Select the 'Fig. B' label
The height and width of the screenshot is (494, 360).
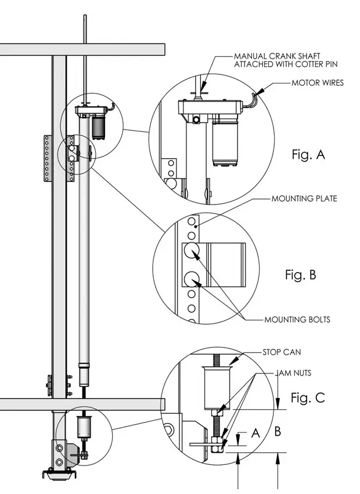point(300,275)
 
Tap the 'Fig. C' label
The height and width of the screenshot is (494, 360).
point(307,398)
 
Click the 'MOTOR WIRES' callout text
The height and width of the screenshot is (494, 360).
point(317,83)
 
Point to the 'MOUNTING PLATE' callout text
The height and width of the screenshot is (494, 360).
point(304,199)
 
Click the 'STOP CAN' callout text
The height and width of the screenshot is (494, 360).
point(283,352)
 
